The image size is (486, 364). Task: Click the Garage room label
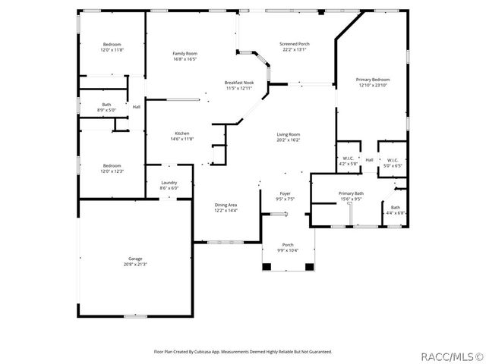point(134,259)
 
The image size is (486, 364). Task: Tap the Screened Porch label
point(295,44)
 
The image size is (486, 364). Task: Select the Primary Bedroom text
point(374,80)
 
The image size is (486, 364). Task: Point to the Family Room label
point(185,53)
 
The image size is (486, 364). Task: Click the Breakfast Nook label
point(238,83)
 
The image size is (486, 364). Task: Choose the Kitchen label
point(182,133)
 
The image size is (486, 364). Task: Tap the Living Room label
point(289,134)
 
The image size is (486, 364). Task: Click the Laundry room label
point(169,183)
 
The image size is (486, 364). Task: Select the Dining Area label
point(226,205)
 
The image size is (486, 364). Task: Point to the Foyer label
point(286,193)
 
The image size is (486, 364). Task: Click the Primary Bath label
point(351,193)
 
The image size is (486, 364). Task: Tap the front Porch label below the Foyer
point(288,245)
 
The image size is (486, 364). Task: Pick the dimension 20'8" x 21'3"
point(134,264)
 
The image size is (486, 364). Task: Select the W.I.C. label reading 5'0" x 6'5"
point(393,161)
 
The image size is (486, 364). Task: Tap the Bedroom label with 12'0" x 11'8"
point(112,45)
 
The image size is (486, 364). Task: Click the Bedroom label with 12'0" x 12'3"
point(112,165)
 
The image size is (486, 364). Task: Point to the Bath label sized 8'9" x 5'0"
point(106,105)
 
